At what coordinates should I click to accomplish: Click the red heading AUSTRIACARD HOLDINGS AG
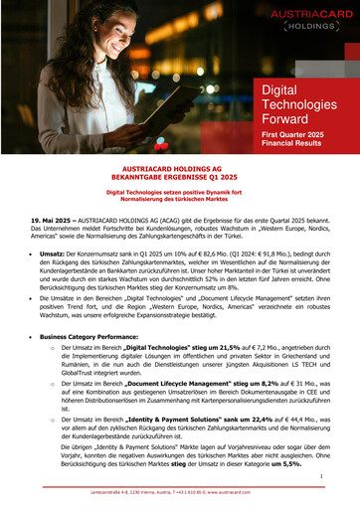[180, 170]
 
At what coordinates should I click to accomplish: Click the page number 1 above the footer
[336, 477]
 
